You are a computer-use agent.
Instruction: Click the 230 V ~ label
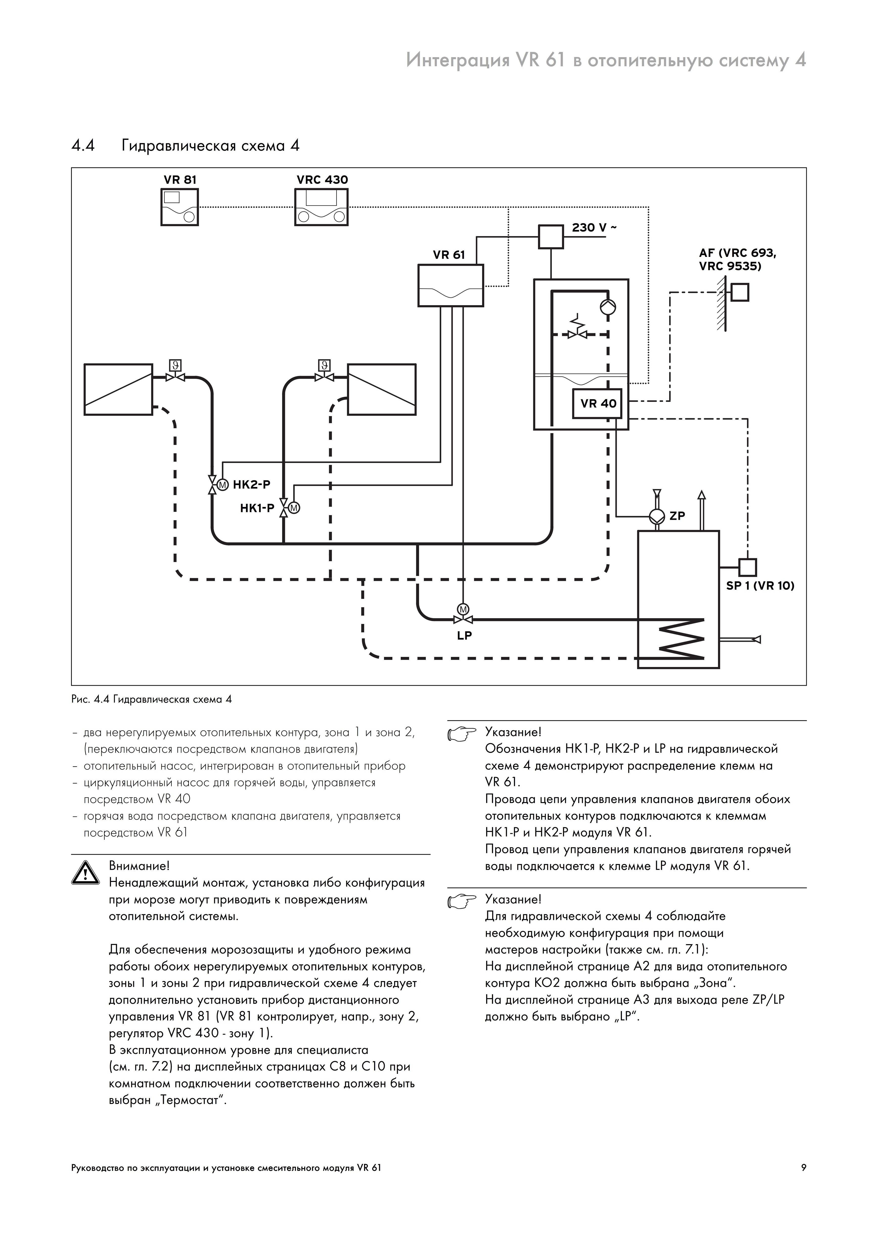[594, 228]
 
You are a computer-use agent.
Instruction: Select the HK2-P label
[252, 485]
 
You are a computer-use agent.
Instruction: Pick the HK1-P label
[258, 508]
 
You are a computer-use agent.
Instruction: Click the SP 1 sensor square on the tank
[748, 567]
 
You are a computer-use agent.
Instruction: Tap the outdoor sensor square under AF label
[740, 293]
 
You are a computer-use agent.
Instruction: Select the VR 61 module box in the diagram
[451, 286]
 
